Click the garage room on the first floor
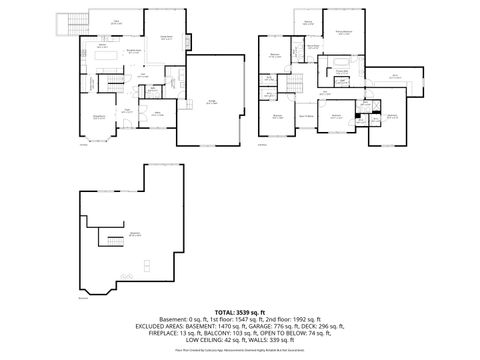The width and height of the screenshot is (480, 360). (x=214, y=100)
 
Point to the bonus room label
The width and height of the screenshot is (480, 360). (x=394, y=75)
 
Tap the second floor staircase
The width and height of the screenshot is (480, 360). (x=301, y=79)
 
